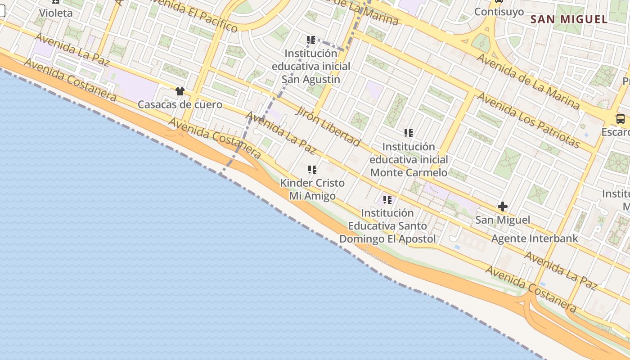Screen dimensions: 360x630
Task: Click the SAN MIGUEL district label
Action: (x=569, y=19)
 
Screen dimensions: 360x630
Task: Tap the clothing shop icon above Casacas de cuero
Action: (x=180, y=91)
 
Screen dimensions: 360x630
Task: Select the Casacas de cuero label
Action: (x=180, y=105)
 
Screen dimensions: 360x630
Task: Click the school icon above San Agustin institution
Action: (x=311, y=40)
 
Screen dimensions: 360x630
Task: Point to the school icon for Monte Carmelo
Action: (x=409, y=133)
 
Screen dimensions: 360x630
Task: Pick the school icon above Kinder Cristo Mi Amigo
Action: (x=312, y=170)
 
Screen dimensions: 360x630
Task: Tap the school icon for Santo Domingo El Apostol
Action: (x=387, y=199)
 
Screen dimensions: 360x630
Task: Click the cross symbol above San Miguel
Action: (x=503, y=207)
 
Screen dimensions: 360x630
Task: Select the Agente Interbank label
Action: (x=535, y=238)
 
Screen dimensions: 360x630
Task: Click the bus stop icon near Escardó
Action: (x=621, y=119)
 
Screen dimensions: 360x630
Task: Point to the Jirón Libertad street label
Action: (x=328, y=126)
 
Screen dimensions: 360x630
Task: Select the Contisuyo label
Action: (x=499, y=12)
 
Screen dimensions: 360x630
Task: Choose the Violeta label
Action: (x=56, y=13)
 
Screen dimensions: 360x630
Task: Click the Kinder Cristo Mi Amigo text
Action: (x=312, y=189)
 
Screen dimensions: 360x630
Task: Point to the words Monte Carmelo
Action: (x=409, y=172)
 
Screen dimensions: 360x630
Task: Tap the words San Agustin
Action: (x=311, y=80)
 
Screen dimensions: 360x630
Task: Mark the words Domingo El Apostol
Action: (x=387, y=239)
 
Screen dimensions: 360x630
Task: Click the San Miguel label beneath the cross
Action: (x=503, y=220)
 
